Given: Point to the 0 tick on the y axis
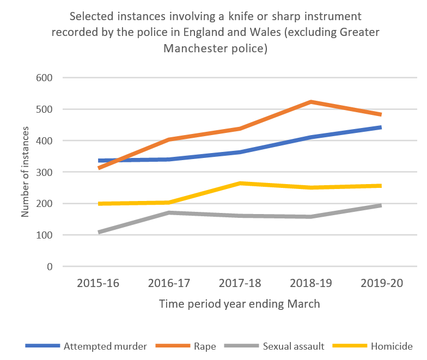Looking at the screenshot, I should pyautogui.click(x=49, y=267).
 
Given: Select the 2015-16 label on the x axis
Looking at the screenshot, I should pyautogui.click(x=98, y=284).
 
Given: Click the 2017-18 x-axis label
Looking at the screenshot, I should pyautogui.click(x=240, y=284).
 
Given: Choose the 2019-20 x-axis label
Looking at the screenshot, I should pyautogui.click(x=381, y=284).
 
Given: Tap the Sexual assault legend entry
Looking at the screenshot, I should pyautogui.click(x=294, y=346).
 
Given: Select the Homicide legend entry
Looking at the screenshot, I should pyautogui.click(x=391, y=346).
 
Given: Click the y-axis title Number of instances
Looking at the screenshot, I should pyautogui.click(x=25, y=172).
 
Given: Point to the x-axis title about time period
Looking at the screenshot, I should pyautogui.click(x=239, y=304).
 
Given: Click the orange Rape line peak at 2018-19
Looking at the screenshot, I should pyautogui.click(x=310, y=102).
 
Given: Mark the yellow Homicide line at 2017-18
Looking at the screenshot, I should pyautogui.click(x=240, y=184).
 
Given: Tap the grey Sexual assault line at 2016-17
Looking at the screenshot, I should pyautogui.click(x=169, y=212).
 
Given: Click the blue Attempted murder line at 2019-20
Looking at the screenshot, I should pyautogui.click(x=380, y=127).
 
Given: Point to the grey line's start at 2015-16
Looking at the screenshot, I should pyautogui.click(x=99, y=233).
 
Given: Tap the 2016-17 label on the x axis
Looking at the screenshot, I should pyautogui.click(x=169, y=284).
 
